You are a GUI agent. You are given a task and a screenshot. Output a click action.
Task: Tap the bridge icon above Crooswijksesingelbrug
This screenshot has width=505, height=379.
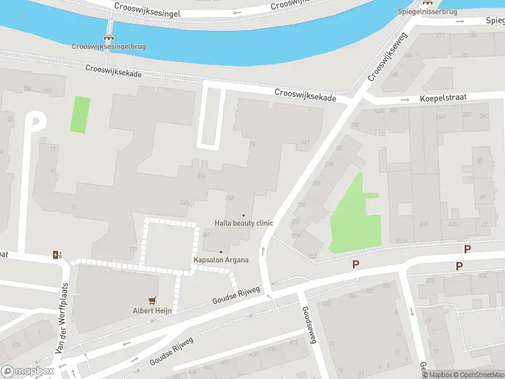click(109, 37)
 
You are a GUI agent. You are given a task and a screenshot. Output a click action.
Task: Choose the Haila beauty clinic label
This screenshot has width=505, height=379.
click(244, 223)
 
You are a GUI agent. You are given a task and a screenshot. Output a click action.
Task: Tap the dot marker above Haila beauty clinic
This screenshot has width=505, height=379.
click(244, 215)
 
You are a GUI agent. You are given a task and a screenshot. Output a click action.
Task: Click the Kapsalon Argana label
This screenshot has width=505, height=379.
click(220, 260)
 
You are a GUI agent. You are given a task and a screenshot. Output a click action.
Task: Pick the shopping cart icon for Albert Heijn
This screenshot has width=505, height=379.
click(152, 301)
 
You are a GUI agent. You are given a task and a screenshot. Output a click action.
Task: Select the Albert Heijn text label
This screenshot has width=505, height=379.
click(152, 310)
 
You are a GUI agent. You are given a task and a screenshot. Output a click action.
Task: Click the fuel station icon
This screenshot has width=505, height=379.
click(57, 255)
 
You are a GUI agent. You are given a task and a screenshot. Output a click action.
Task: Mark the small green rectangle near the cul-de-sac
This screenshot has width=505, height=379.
click(80, 114)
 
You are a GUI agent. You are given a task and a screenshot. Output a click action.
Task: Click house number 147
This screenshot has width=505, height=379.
click(306, 143)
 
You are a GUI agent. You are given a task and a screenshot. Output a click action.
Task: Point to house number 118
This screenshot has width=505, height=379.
click(133, 250)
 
